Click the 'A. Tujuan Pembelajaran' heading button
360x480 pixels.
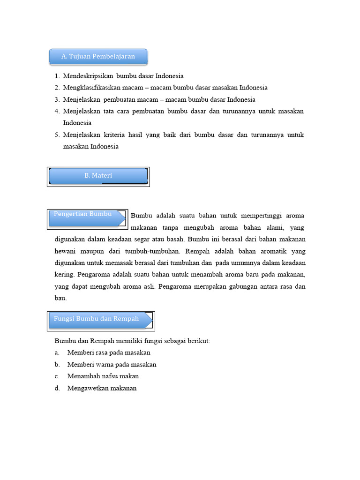pos(98,57)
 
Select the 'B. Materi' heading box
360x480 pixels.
pos(98,176)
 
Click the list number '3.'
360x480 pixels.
pos(57,100)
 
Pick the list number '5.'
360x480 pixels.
pos(57,135)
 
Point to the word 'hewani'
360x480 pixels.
pos(66,251)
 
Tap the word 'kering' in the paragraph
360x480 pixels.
pos(64,275)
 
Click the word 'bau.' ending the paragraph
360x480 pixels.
pos(61,298)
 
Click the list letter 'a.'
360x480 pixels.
pos(57,352)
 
